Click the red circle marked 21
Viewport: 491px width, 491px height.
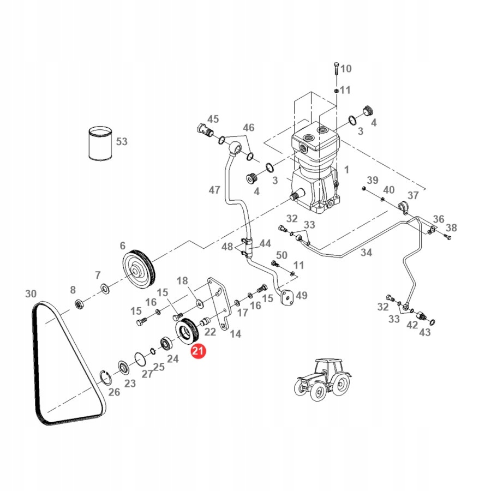coord(197,352)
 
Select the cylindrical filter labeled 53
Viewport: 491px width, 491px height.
coord(100,143)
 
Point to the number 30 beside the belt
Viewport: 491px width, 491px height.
coord(31,294)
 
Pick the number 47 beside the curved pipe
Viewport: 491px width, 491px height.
coord(214,190)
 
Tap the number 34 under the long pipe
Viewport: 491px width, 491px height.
coord(366,253)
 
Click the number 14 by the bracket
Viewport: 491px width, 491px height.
coord(235,334)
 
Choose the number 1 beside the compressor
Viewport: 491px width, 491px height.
coord(346,170)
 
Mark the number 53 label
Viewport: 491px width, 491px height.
coord(121,142)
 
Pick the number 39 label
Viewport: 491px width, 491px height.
coord(372,181)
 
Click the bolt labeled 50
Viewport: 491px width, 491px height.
coord(274,264)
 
